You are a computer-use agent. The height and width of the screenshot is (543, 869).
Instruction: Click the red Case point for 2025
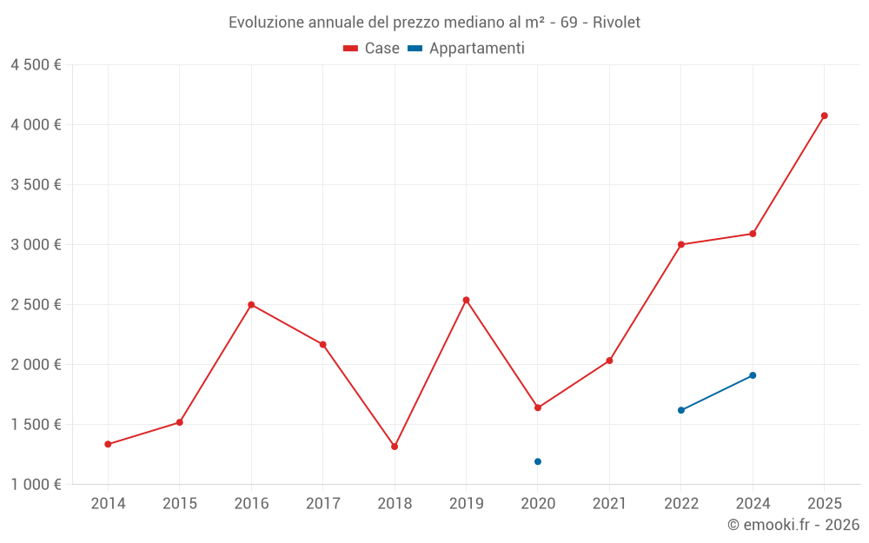pyautogui.click(x=824, y=116)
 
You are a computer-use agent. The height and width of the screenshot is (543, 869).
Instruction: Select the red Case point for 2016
pyautogui.click(x=251, y=305)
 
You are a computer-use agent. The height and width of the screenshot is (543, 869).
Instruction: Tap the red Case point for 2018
pyautogui.click(x=395, y=447)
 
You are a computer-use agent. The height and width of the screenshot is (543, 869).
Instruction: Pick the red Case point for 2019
pyautogui.click(x=466, y=301)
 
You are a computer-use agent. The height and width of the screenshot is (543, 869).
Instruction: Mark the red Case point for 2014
pyautogui.click(x=108, y=444)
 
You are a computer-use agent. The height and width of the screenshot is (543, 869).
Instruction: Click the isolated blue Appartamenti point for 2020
pyautogui.click(x=538, y=461)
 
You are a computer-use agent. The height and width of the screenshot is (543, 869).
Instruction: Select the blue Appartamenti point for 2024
pyautogui.click(x=753, y=375)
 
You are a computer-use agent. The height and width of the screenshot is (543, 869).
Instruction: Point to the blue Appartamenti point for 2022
pyautogui.click(x=681, y=410)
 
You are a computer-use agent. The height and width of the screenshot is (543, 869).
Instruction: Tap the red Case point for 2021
pyautogui.click(x=609, y=361)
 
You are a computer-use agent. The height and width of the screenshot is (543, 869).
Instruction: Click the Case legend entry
pyautogui.click(x=372, y=49)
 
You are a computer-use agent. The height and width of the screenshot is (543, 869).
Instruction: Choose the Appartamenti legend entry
pyautogui.click(x=467, y=49)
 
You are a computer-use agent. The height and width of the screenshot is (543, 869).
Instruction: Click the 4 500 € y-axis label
pyautogui.click(x=36, y=65)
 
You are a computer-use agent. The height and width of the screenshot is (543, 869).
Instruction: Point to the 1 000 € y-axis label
pyautogui.click(x=36, y=485)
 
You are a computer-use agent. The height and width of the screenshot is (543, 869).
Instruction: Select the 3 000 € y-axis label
pyautogui.click(x=36, y=245)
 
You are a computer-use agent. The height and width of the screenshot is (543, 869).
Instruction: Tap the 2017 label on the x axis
pyautogui.click(x=322, y=504)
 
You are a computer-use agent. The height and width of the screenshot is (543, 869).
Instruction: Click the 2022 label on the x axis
pyautogui.click(x=681, y=504)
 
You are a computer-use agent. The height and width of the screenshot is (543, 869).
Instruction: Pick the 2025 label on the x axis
pyautogui.click(x=824, y=504)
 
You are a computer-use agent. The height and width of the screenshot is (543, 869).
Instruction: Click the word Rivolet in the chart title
pyautogui.click(x=616, y=23)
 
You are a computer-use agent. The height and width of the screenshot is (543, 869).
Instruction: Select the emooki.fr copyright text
pyautogui.click(x=793, y=525)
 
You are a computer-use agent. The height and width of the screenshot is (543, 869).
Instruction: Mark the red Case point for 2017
pyautogui.click(x=322, y=345)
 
